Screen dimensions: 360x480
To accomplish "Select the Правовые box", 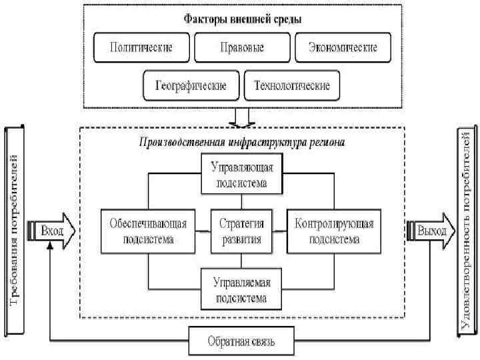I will [241, 48].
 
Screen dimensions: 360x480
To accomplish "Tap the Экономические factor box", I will [343, 48].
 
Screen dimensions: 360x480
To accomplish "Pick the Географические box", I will [191, 86].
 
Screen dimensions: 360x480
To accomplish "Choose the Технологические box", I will [292, 86].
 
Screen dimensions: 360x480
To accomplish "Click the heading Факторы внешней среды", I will [243, 19].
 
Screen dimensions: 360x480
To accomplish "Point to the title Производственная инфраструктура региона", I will [243, 142].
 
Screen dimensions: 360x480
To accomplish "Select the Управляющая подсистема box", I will [242, 172].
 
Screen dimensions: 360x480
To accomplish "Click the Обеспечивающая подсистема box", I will [148, 231].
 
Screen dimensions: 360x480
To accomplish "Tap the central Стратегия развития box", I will [242, 231].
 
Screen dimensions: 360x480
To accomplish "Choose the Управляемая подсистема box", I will [242, 287].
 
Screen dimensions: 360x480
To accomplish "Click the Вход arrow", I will [52, 231].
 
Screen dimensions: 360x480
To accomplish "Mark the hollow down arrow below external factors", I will [242, 118].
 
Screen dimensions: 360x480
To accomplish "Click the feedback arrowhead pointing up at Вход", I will [51, 247].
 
